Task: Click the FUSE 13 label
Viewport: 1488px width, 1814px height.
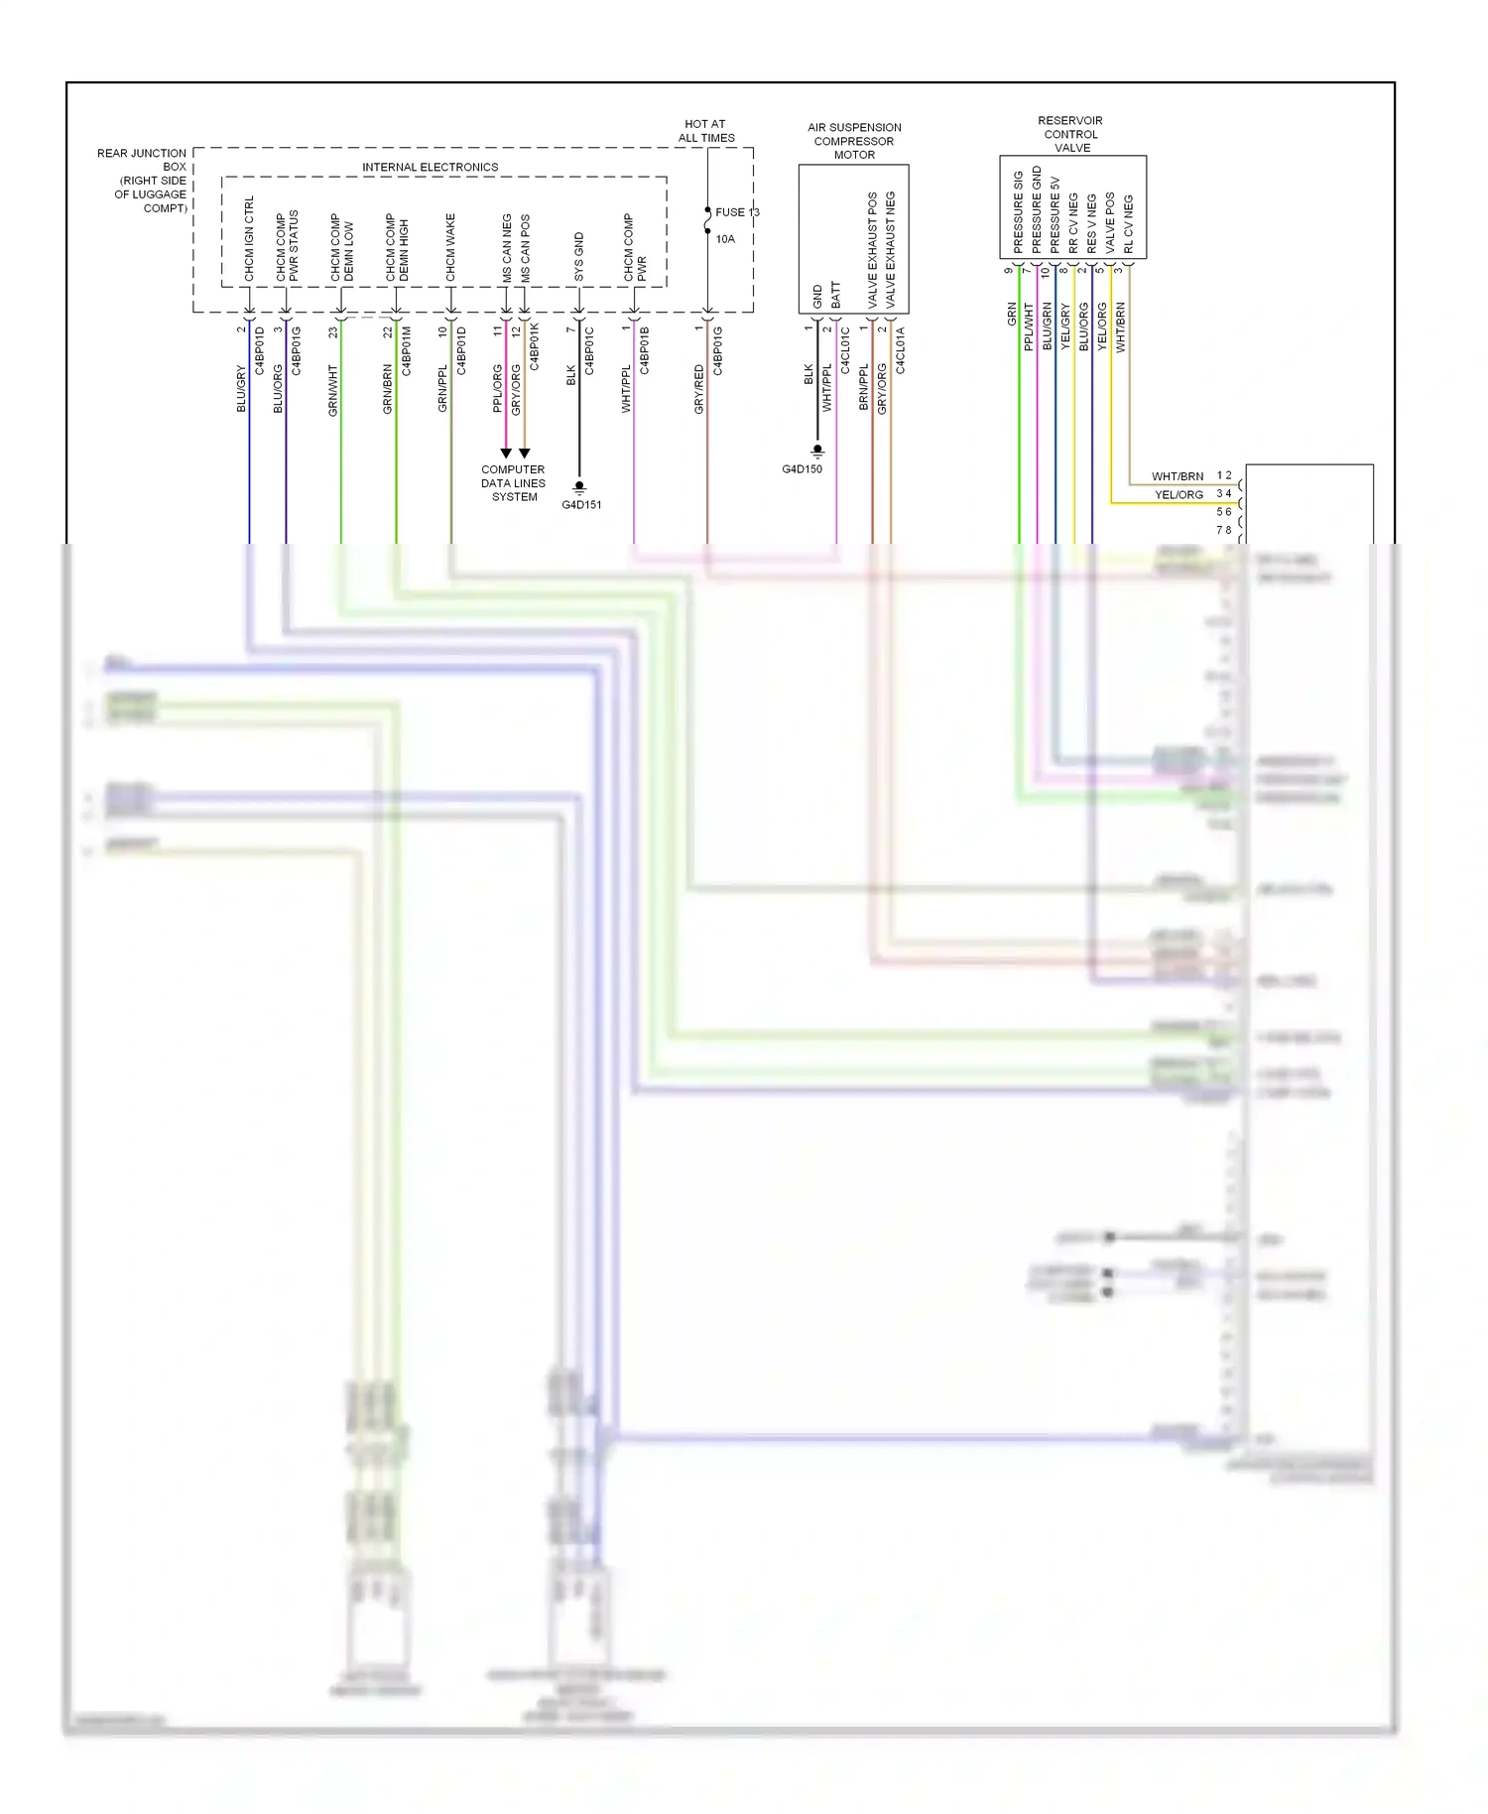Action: (x=736, y=212)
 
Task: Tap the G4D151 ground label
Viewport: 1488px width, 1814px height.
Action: (x=581, y=504)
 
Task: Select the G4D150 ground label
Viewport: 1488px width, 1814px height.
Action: (x=802, y=469)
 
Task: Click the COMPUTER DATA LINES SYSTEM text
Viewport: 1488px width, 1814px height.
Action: (x=513, y=483)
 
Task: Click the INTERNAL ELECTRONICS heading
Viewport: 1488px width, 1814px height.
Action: (x=430, y=167)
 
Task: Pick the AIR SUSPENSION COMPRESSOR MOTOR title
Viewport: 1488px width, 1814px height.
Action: (x=854, y=141)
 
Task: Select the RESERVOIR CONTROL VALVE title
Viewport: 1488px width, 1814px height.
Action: (x=1070, y=134)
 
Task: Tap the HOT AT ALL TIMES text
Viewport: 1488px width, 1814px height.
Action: (x=706, y=131)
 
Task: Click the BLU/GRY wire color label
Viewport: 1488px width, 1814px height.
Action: (x=241, y=388)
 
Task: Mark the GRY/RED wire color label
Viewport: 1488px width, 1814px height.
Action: (x=699, y=389)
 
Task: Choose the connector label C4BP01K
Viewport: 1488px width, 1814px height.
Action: (x=535, y=346)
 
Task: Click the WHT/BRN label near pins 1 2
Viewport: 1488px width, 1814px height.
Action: (x=1178, y=476)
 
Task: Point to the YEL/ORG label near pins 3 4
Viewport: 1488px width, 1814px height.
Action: (x=1178, y=494)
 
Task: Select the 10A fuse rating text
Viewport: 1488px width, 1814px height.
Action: (x=725, y=239)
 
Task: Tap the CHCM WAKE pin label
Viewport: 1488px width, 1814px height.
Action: (x=450, y=247)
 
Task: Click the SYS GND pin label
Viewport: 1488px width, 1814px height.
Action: (x=579, y=257)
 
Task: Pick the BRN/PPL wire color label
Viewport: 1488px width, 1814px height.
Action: (x=864, y=387)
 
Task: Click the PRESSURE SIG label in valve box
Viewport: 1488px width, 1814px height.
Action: (x=1018, y=211)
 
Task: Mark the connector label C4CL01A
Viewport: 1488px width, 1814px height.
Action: (x=900, y=350)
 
